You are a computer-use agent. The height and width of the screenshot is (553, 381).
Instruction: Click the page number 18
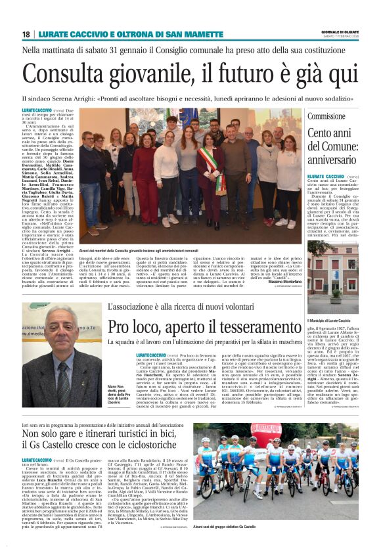pyautogui.click(x=26, y=33)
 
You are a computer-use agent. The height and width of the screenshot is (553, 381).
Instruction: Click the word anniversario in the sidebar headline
pyautogui.click(x=346, y=159)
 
